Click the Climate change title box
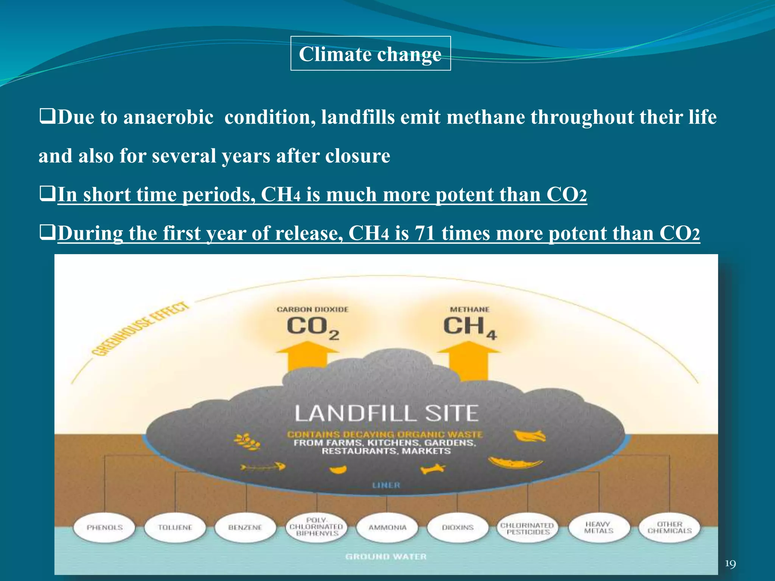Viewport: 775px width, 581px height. [x=370, y=54]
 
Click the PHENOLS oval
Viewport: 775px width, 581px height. [x=104, y=527]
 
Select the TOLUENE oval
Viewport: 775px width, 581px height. [x=175, y=527]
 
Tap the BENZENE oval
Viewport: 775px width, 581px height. [x=245, y=527]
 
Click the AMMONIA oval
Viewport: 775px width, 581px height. [x=387, y=527]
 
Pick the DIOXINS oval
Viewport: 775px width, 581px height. [x=458, y=527]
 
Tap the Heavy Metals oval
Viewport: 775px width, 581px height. [x=599, y=527]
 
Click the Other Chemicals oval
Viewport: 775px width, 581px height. [x=669, y=527]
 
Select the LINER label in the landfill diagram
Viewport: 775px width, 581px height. [x=386, y=485]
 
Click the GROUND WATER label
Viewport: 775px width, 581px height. [x=386, y=556]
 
